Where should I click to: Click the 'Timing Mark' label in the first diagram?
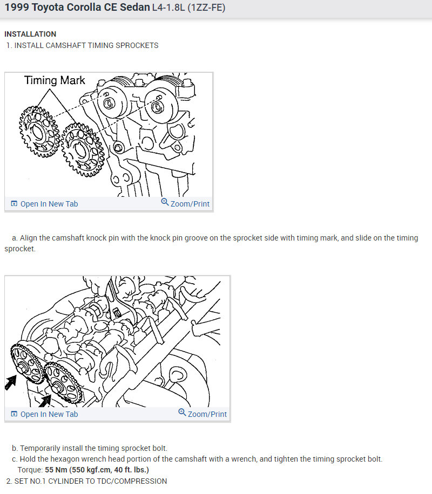[55, 80]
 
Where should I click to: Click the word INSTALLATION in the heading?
[30, 34]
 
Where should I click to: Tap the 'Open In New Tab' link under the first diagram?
[49, 204]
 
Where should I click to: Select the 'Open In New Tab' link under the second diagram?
[49, 414]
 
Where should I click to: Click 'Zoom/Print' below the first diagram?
[190, 204]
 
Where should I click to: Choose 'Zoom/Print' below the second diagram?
[207, 414]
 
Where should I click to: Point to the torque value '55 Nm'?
[56, 470]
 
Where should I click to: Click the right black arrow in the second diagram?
[44, 400]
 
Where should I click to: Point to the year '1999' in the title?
[16, 8]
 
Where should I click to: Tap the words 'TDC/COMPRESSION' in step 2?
[134, 481]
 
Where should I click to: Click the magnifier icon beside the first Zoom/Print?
[165, 202]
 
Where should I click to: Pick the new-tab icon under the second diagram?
[15, 414]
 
